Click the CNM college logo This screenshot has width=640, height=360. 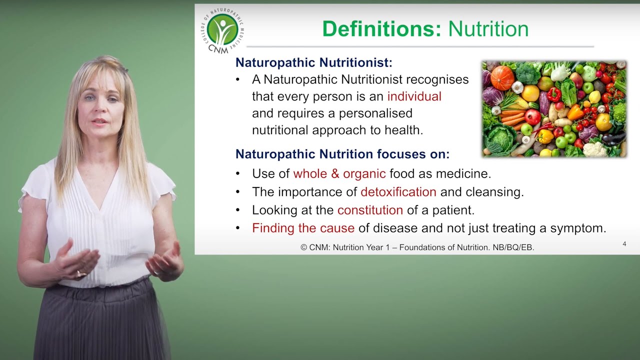(x=222, y=31)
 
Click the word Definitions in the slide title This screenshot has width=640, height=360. (x=382, y=29)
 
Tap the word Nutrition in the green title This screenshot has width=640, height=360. (x=488, y=29)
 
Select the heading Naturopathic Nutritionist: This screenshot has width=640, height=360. (x=313, y=62)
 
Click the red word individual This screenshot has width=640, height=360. (x=414, y=96)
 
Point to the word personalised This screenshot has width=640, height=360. (x=375, y=113)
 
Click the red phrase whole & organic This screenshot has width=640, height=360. (x=339, y=173)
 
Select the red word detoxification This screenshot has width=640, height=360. (x=398, y=192)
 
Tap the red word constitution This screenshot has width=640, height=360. (x=370, y=210)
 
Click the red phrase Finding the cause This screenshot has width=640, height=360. (x=303, y=228)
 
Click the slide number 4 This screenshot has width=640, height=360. (x=624, y=244)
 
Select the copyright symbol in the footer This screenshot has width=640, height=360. (x=303, y=247)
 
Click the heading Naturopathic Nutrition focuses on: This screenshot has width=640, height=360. (x=342, y=154)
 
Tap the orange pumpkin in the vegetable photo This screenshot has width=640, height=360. (x=502, y=77)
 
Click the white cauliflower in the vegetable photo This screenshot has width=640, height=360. (x=595, y=149)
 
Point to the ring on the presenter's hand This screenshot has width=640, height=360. (x=79, y=273)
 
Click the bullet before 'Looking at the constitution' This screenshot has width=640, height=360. (x=237, y=210)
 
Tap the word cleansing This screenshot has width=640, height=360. (x=494, y=192)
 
